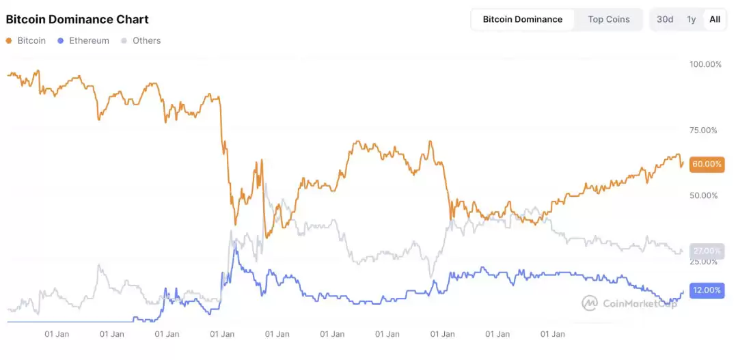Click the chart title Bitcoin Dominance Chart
pyautogui.click(x=77, y=19)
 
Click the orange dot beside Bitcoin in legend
pyautogui.click(x=9, y=40)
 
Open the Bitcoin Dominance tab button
pyautogui.click(x=523, y=19)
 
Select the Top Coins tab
pyautogui.click(x=609, y=19)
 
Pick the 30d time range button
pyautogui.click(x=665, y=19)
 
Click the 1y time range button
pyautogui.click(x=692, y=19)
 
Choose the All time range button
pyautogui.click(x=715, y=19)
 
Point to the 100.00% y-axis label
pyautogui.click(x=705, y=64)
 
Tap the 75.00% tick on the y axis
pyautogui.click(x=705, y=130)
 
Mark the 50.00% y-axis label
pyautogui.click(x=705, y=195)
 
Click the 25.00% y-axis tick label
pyautogui.click(x=705, y=262)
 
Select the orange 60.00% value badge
pyautogui.click(x=707, y=164)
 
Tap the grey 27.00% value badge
pyautogui.click(x=707, y=251)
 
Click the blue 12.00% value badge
pyautogui.click(x=707, y=290)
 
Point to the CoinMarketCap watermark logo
pyautogui.click(x=629, y=303)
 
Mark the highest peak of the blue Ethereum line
pyautogui.click(x=235, y=243)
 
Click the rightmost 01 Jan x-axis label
pyautogui.click(x=552, y=334)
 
